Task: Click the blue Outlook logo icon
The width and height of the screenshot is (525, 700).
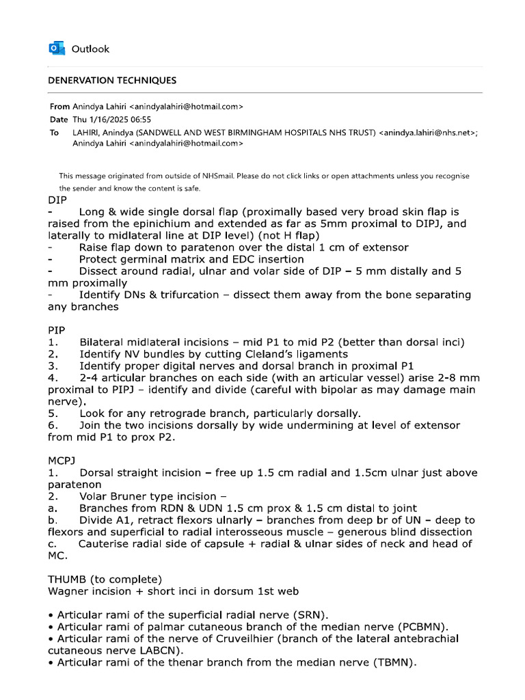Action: [57, 49]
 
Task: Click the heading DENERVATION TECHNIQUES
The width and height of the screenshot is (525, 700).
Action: [111, 81]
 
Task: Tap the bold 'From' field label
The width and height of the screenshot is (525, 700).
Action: [59, 107]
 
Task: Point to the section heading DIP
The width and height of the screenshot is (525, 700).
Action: [57, 200]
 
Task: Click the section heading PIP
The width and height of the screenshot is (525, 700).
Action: [57, 329]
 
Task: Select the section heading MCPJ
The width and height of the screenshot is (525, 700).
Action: [62, 460]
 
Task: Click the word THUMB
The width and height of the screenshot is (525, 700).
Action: [67, 578]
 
